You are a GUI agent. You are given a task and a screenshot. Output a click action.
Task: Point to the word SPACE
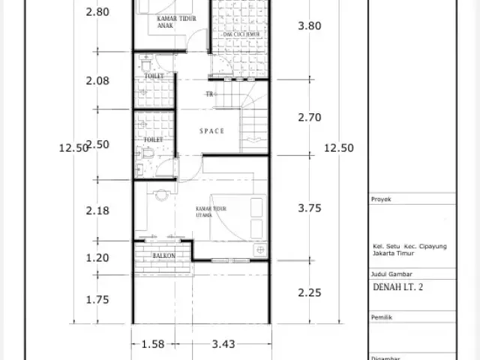(x=212, y=131)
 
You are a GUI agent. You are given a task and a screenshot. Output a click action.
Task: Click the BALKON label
(x=164, y=256)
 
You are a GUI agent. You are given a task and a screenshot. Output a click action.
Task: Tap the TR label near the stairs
(x=211, y=94)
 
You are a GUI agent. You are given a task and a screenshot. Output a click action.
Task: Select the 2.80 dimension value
(x=97, y=11)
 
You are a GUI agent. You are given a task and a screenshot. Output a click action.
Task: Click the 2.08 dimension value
(x=97, y=80)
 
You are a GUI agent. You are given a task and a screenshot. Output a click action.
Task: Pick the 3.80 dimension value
(x=310, y=25)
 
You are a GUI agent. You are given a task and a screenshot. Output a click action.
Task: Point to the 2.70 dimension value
(x=310, y=117)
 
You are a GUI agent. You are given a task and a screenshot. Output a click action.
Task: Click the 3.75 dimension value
(x=310, y=210)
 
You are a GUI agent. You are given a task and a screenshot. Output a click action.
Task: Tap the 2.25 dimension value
(x=310, y=292)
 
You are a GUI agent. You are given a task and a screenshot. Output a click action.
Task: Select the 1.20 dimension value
(x=97, y=258)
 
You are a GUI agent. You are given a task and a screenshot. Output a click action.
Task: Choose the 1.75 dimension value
(x=97, y=299)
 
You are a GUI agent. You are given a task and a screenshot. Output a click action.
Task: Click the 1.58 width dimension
(x=153, y=344)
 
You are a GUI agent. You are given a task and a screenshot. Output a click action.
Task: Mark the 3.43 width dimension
(x=223, y=344)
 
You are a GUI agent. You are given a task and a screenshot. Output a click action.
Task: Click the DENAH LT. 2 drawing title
(x=397, y=286)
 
